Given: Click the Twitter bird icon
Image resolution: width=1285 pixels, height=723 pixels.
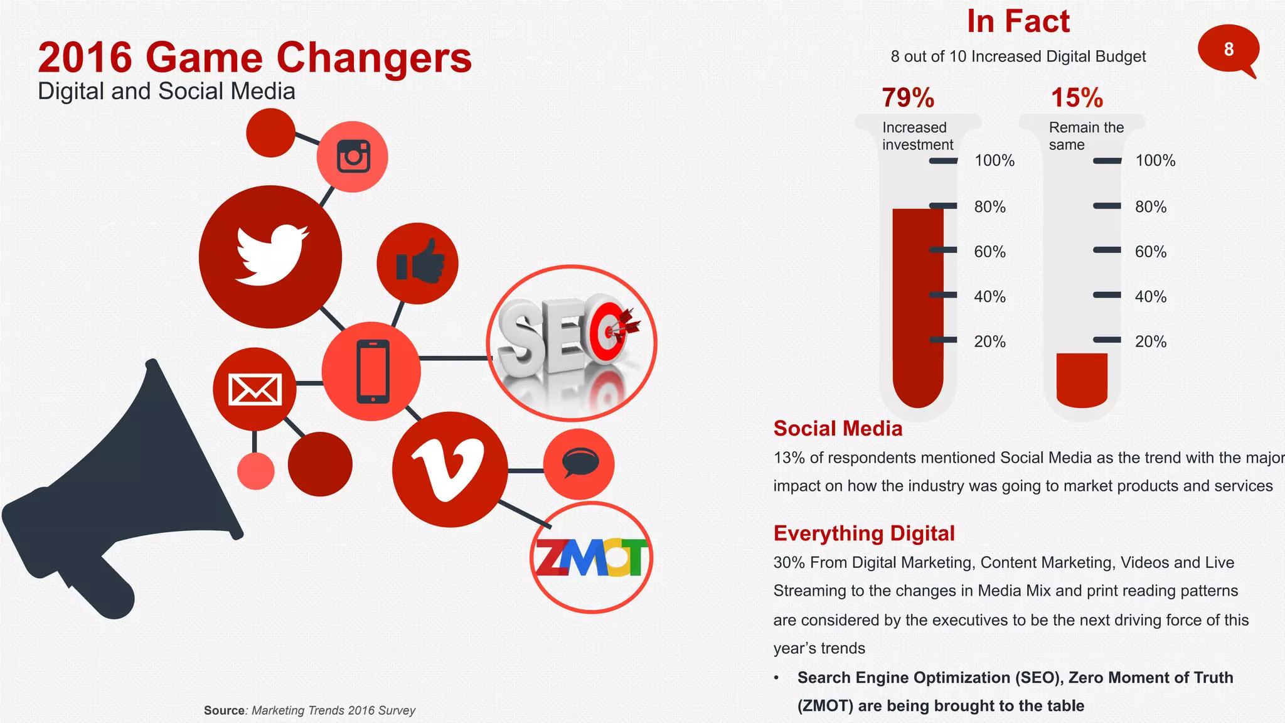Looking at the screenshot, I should [271, 255].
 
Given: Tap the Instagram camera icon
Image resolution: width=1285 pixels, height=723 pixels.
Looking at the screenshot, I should [353, 156].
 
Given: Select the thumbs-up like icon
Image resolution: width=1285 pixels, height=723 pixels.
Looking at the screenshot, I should [419, 262].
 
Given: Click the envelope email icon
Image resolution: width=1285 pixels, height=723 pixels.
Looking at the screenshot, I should [254, 389].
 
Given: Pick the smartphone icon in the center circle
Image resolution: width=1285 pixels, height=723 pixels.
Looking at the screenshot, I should [373, 371].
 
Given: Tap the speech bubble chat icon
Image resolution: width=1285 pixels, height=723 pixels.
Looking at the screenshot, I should [579, 463].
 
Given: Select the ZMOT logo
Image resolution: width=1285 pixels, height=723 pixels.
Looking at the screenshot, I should [591, 557].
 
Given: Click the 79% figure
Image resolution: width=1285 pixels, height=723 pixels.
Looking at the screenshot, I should [908, 98].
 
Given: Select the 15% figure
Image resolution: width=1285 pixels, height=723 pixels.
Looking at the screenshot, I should [1077, 98].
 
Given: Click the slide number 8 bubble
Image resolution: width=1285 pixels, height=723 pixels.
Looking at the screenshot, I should [1228, 50].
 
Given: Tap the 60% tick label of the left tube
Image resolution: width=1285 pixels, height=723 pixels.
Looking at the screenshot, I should [989, 252].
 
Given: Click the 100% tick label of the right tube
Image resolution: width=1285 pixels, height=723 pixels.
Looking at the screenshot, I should [1155, 161].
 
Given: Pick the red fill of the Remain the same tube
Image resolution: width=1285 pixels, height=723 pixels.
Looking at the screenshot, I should [1082, 379].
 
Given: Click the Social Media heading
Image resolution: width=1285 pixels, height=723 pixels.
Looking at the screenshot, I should [838, 429].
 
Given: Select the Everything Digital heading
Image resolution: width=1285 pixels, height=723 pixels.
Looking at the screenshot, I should [864, 533].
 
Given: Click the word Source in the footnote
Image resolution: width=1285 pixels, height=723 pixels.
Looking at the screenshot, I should [224, 710].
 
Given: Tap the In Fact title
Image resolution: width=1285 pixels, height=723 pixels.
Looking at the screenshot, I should [1018, 21].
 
